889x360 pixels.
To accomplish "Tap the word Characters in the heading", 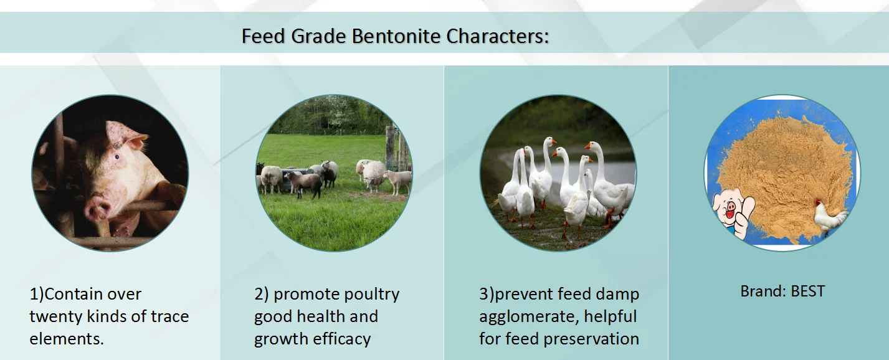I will [498, 36].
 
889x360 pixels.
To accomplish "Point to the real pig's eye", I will [116, 158].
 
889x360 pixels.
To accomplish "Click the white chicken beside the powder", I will [830, 217].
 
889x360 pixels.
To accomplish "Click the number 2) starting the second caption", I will [261, 294].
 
